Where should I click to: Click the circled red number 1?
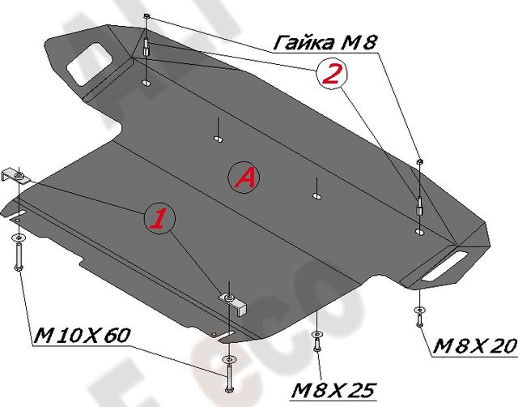(159, 218)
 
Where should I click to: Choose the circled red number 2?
(329, 75)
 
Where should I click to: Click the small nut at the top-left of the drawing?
(145, 17)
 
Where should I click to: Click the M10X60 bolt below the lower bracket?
(228, 374)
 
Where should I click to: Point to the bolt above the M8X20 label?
(418, 316)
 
